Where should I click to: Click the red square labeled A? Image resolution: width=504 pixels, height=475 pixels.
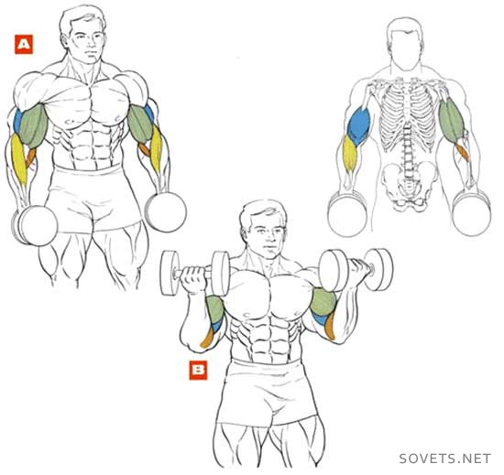tap(24, 44)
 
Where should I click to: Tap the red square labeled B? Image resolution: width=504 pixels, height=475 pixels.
tap(198, 371)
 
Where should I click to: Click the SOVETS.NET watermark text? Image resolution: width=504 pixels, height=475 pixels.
tap(445, 459)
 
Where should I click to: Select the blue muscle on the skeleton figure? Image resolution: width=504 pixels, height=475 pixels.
tap(358, 125)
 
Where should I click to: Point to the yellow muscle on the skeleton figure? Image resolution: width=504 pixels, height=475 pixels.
tap(349, 154)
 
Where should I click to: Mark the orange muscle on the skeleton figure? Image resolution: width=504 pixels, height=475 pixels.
tap(462, 152)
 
